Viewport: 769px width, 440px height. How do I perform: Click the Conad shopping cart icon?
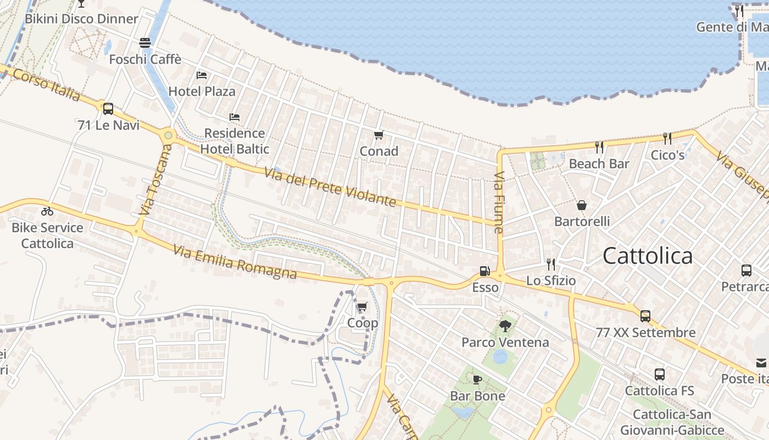[378, 135]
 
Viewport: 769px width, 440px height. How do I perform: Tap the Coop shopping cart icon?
[362, 307]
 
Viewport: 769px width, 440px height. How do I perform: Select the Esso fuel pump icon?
[484, 271]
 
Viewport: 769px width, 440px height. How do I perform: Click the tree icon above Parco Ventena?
[505, 326]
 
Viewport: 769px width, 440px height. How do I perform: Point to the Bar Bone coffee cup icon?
[477, 380]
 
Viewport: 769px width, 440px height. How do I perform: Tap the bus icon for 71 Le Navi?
[108, 108]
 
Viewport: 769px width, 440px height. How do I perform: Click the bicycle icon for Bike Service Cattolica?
[47, 211]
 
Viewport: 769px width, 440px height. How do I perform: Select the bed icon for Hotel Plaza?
[202, 75]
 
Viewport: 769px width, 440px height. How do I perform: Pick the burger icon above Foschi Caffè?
[145, 42]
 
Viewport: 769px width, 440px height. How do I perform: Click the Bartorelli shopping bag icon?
[582, 205]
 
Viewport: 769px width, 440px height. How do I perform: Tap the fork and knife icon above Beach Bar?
[599, 147]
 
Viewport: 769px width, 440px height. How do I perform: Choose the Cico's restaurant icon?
[667, 139]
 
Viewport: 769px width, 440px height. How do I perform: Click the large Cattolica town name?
[648, 256]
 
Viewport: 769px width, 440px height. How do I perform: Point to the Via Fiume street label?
[499, 202]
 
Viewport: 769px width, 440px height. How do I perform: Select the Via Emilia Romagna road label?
[235, 262]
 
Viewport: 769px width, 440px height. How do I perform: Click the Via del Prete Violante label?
[330, 187]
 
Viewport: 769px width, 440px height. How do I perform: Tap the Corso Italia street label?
[46, 85]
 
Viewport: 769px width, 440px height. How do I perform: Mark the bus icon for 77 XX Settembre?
[645, 316]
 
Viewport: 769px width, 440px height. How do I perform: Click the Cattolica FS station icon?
[659, 375]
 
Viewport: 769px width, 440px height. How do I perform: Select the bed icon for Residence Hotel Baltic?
[235, 117]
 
